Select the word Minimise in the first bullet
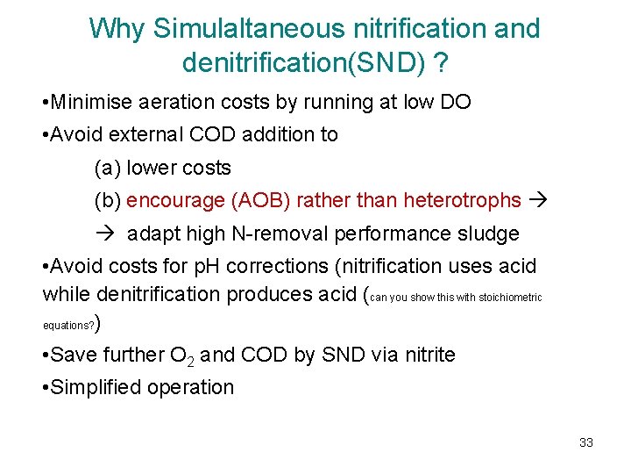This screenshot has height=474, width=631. [89, 102]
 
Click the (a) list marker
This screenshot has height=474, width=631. [107, 168]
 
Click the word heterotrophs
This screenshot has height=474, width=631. [462, 200]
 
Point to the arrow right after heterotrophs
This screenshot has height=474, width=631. [541, 200]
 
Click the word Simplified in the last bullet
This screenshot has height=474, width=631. [96, 387]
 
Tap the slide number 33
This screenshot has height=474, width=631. [586, 442]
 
